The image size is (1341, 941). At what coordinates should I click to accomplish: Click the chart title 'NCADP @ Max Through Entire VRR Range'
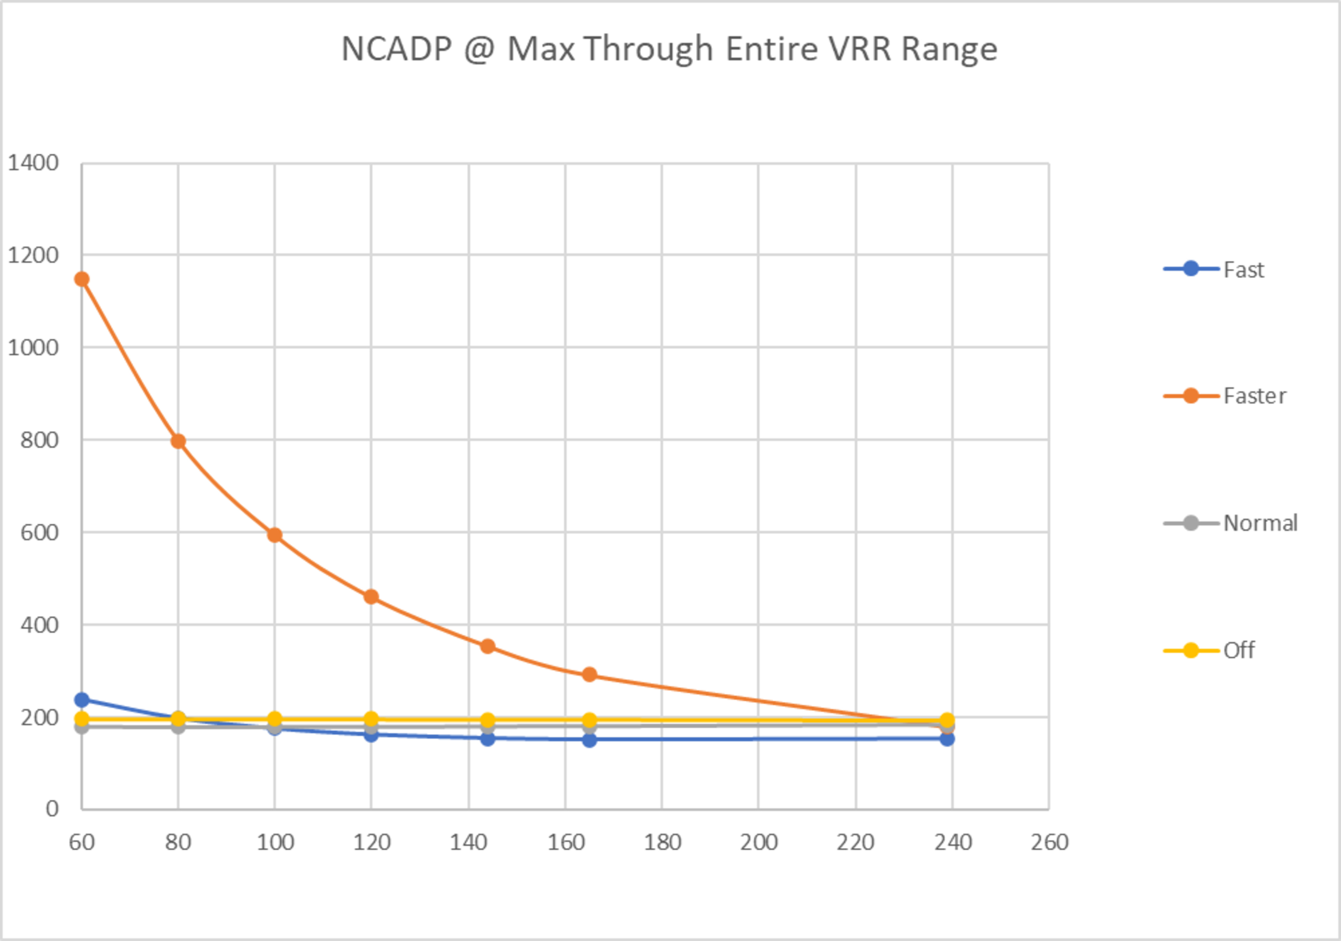pyautogui.click(x=669, y=49)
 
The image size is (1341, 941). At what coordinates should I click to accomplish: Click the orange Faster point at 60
pyautogui.click(x=82, y=280)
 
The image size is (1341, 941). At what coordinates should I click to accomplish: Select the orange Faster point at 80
pyautogui.click(x=178, y=441)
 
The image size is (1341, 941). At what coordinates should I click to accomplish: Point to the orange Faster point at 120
pyautogui.click(x=371, y=597)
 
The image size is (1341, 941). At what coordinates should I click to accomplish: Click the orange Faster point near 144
pyautogui.click(x=488, y=646)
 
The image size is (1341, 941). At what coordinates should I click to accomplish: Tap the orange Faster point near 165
pyautogui.click(x=589, y=674)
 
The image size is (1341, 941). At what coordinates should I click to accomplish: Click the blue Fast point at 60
pyautogui.click(x=82, y=700)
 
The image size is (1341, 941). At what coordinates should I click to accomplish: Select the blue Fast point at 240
pyautogui.click(x=947, y=739)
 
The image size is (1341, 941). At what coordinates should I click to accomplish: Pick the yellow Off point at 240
pyautogui.click(x=947, y=720)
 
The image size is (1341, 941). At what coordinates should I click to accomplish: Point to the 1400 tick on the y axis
pyautogui.click(x=33, y=163)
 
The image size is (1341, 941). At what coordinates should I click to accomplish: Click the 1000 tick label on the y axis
pyautogui.click(x=33, y=348)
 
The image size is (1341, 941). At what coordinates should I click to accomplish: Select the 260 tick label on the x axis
pyautogui.click(x=1049, y=843)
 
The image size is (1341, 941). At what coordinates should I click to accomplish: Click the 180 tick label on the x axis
pyautogui.click(x=662, y=843)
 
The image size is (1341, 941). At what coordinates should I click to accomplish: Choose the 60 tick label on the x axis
pyautogui.click(x=82, y=843)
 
